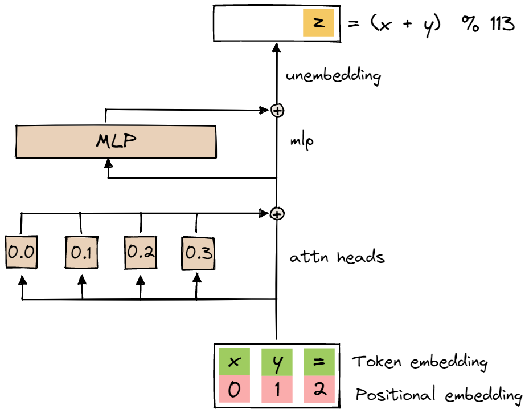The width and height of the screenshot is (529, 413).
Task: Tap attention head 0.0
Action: [x=21, y=252]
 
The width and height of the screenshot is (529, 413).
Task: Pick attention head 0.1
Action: [x=81, y=252]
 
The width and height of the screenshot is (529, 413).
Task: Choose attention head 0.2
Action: [x=140, y=252]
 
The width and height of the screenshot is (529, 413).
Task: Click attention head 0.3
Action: [x=198, y=252]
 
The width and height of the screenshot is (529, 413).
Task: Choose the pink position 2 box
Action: [x=318, y=391]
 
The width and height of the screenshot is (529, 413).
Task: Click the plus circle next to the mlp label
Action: [x=277, y=110]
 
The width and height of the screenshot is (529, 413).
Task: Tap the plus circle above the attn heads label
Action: [x=277, y=214]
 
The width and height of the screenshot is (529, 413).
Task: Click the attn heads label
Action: [x=337, y=257]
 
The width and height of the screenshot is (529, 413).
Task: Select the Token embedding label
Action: [x=420, y=362]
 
